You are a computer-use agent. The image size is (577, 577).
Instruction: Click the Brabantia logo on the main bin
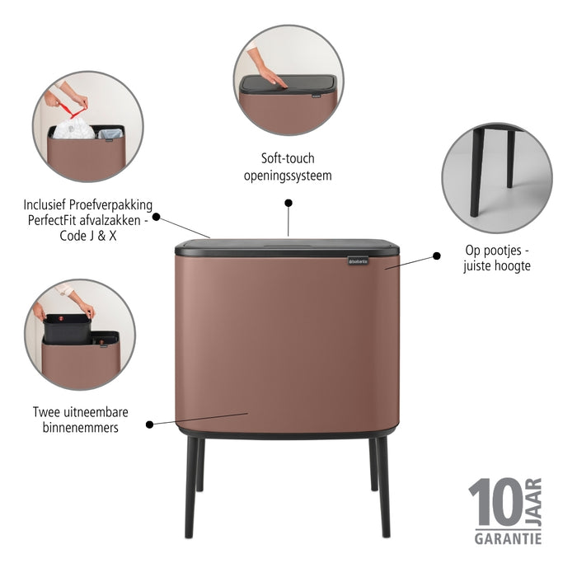[x=360, y=262]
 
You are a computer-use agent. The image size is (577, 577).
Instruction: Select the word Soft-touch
[x=288, y=158]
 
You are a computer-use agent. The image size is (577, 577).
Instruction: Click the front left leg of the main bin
[x=190, y=486]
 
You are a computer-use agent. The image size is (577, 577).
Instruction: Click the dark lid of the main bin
[x=288, y=246]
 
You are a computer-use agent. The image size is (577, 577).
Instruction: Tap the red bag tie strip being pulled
[x=75, y=106]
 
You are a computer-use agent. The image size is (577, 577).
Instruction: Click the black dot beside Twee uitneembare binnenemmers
[x=149, y=425]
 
